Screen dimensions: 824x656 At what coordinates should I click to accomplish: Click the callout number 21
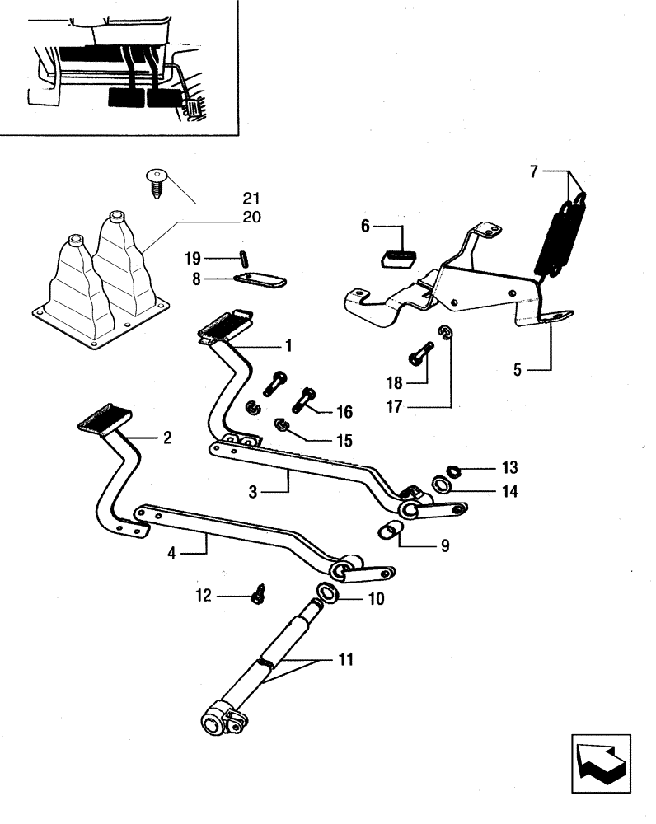pos(251,198)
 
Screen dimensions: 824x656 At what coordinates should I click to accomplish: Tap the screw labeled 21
pos(155,181)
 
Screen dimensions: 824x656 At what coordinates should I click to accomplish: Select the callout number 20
pos(251,218)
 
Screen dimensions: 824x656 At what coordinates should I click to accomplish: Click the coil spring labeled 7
pos(560,235)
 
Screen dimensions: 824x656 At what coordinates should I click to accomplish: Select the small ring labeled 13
pos(452,471)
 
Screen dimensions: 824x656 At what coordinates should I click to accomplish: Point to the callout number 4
pos(171,554)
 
